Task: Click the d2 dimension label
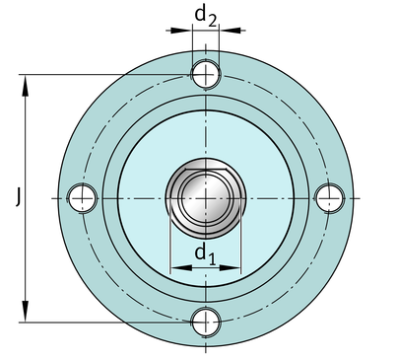coord(206,17)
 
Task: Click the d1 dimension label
coord(206,254)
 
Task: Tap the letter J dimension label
coord(19,196)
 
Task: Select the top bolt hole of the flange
coord(206,74)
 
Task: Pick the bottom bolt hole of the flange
coord(206,323)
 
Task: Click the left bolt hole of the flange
coord(82,198)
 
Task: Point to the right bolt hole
coord(329,198)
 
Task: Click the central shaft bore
coord(206,198)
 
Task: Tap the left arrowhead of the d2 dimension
coord(181,31)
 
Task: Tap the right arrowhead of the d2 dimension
coord(231,31)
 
